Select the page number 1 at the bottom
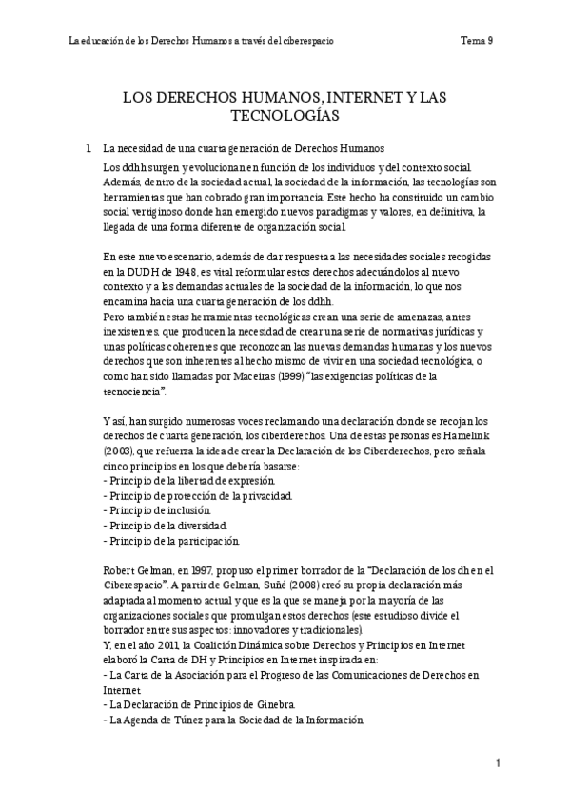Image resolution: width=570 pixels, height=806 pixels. [x=498, y=764]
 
